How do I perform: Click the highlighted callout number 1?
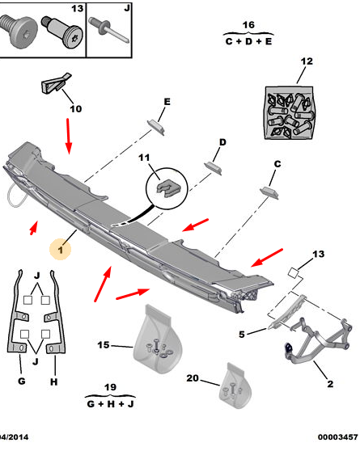click(x=61, y=250)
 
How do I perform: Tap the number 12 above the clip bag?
click(x=307, y=61)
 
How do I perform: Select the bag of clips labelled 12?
click(x=289, y=113)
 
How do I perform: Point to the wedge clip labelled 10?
click(x=57, y=83)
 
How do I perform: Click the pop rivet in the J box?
click(x=109, y=29)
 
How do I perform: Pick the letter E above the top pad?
click(x=167, y=102)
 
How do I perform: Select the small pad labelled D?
click(x=213, y=168)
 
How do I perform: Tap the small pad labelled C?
click(x=269, y=192)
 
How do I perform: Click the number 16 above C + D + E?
click(x=248, y=25)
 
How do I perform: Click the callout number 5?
click(x=242, y=335)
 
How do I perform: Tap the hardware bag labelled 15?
click(x=158, y=339)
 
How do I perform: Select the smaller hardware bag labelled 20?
click(x=235, y=386)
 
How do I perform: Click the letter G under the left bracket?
click(x=22, y=381)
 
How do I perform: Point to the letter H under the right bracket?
click(x=54, y=382)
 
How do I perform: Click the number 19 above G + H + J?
click(x=110, y=387)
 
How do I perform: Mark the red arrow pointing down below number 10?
click(x=68, y=136)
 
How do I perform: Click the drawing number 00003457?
click(x=337, y=437)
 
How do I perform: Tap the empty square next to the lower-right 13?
click(x=293, y=272)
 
